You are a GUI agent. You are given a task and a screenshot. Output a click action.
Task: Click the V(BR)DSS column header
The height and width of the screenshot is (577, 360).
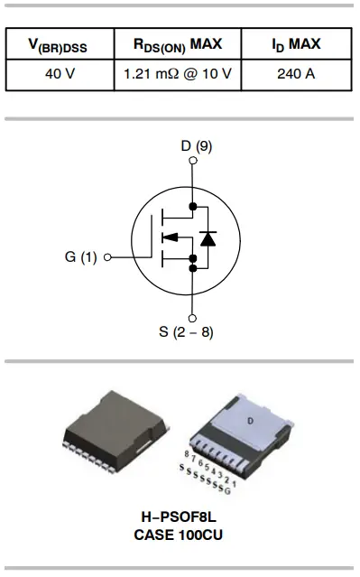pyautogui.click(x=60, y=44)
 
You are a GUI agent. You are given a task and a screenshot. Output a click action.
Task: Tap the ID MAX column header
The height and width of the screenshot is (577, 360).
pyautogui.click(x=296, y=44)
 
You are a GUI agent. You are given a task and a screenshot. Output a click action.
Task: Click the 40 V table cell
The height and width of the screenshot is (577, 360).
pyautogui.click(x=60, y=73)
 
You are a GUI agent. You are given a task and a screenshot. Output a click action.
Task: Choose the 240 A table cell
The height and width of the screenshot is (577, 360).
pyautogui.click(x=296, y=73)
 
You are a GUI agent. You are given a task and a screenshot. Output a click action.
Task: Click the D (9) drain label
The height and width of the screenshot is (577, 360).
pyautogui.click(x=192, y=146)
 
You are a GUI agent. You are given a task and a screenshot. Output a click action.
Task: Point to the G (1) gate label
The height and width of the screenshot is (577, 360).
pyautogui.click(x=81, y=256)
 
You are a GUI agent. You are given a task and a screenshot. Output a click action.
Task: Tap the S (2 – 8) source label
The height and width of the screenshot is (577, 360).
pyautogui.click(x=186, y=331)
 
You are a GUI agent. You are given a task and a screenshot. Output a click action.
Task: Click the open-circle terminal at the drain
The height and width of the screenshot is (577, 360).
pyautogui.click(x=192, y=163)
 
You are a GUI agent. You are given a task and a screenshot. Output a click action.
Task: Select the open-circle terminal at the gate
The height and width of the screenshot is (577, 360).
pyautogui.click(x=108, y=257)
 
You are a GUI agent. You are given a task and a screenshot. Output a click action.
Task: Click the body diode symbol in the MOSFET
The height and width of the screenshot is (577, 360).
pyautogui.click(x=209, y=238)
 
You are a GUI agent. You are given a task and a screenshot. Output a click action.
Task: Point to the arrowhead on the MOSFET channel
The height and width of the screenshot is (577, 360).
pyautogui.click(x=168, y=238)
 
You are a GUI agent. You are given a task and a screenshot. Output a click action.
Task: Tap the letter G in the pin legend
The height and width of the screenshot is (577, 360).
pyautogui.click(x=238, y=489)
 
